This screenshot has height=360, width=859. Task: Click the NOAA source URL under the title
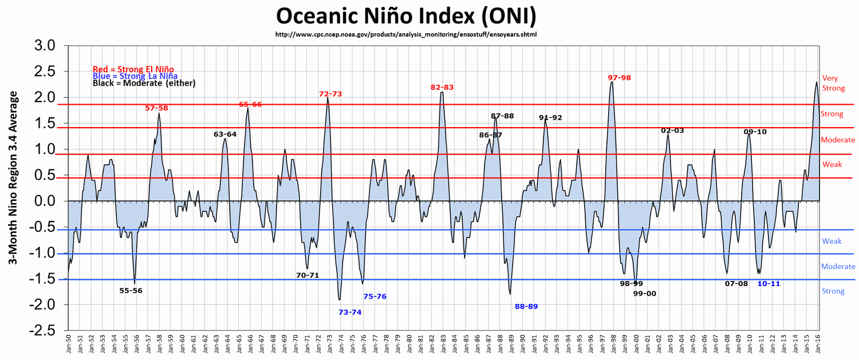406,34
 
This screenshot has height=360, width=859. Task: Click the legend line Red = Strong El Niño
133,69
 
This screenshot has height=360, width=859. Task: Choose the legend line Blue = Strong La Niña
135,76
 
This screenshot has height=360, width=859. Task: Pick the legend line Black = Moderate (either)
144,84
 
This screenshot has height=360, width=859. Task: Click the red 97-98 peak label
620,78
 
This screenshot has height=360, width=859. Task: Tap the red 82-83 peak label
442,88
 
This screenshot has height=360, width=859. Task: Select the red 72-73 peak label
330,94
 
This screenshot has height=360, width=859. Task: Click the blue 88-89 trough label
526,307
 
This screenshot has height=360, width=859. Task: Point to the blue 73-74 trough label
350,312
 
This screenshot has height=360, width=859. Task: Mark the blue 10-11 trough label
769,284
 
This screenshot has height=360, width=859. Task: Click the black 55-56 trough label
131,291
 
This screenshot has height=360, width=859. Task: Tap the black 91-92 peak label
550,118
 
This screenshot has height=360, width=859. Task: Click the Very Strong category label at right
833,83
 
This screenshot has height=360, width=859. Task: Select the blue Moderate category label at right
838,267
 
